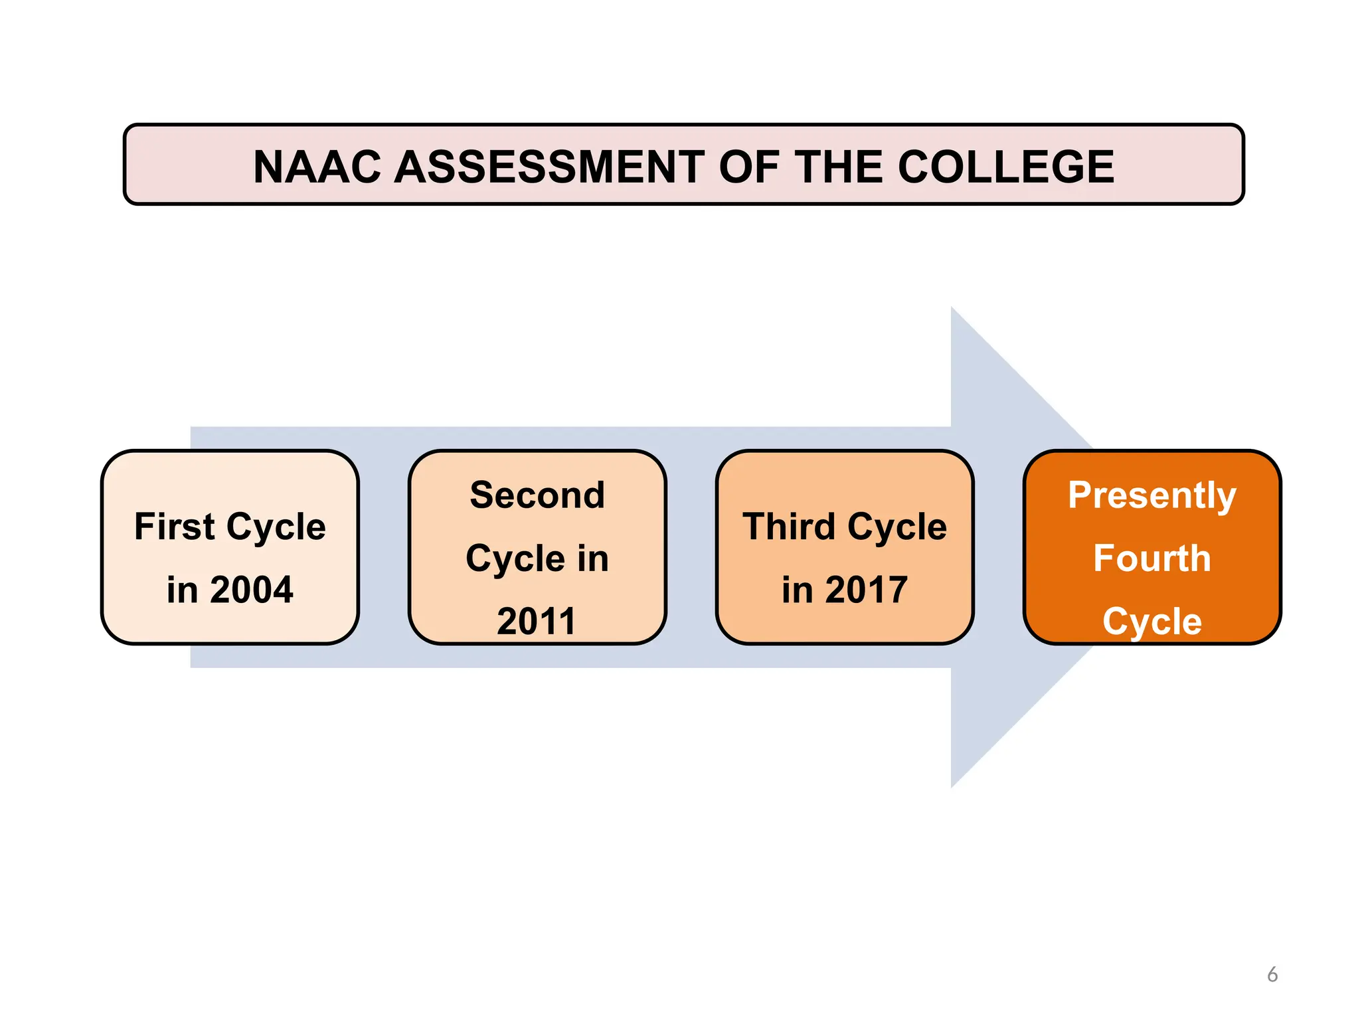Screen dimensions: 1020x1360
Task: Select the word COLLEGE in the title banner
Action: (1005, 166)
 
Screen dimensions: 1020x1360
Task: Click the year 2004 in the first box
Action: (252, 590)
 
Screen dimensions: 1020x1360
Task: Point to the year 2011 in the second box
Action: (537, 622)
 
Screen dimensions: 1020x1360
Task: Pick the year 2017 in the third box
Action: (866, 590)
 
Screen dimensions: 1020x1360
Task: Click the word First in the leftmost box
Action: (174, 527)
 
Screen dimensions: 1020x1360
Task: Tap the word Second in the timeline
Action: (537, 495)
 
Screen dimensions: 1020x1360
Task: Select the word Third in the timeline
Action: (789, 527)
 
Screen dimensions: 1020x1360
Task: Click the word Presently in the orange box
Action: (1152, 495)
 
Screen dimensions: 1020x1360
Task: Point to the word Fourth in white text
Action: (1152, 558)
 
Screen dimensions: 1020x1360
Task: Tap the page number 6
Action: (1272, 974)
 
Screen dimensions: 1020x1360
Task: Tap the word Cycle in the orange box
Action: (1152, 622)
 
